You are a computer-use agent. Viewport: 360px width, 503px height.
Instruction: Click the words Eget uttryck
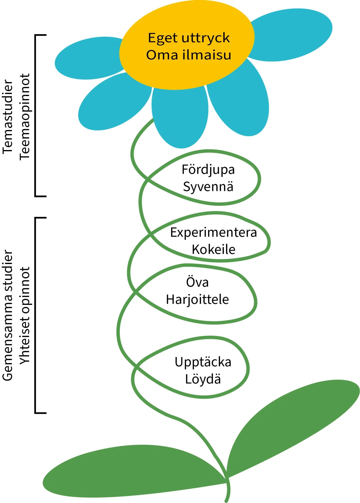point(189,38)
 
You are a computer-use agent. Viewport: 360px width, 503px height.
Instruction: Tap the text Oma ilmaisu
point(188,55)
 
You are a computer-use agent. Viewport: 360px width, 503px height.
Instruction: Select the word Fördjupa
point(208,170)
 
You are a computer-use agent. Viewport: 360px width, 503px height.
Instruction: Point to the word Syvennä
point(208,187)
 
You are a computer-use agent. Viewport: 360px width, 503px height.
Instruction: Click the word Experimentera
point(213,233)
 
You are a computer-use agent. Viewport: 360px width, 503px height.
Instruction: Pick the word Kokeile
point(213,249)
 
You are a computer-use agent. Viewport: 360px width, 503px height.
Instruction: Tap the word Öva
point(197,282)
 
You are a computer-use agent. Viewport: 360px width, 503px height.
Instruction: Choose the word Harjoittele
point(197,299)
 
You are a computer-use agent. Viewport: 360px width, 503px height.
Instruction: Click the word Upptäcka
point(203,362)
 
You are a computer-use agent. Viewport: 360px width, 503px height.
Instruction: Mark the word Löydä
point(203,379)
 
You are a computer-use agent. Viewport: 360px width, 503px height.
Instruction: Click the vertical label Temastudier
point(8,117)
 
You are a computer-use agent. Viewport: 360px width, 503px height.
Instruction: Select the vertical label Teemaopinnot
point(25,117)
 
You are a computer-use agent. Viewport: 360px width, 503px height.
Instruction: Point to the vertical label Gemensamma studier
point(8,315)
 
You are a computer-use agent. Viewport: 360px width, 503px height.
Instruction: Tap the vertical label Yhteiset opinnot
point(25,315)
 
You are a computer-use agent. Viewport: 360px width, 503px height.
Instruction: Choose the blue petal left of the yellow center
point(87,59)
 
